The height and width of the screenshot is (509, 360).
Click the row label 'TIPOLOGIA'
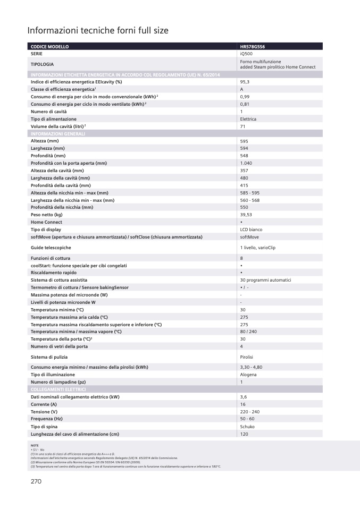pyautogui.click(x=45, y=64)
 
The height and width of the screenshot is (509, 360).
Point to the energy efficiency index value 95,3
pyautogui.click(x=245, y=82)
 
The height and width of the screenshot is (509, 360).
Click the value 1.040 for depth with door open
pyautogui.click(x=247, y=163)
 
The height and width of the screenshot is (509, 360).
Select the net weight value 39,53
pyautogui.click(x=246, y=215)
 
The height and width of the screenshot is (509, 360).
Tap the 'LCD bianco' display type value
pyautogui.click(x=252, y=230)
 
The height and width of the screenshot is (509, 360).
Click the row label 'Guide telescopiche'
pyautogui.click(x=51, y=248)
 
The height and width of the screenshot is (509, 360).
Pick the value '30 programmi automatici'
pyautogui.click(x=265, y=280)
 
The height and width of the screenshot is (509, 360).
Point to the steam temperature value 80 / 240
pyautogui.click(x=248, y=332)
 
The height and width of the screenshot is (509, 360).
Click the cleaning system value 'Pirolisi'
pyautogui.click(x=248, y=357)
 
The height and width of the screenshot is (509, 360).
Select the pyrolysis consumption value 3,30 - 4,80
pyautogui.click(x=251, y=367)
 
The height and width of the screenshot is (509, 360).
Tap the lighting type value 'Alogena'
pyautogui.click(x=248, y=375)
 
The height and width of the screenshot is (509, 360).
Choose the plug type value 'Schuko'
pyautogui.click(x=247, y=427)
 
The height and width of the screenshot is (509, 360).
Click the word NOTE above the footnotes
pyautogui.click(x=35, y=445)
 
